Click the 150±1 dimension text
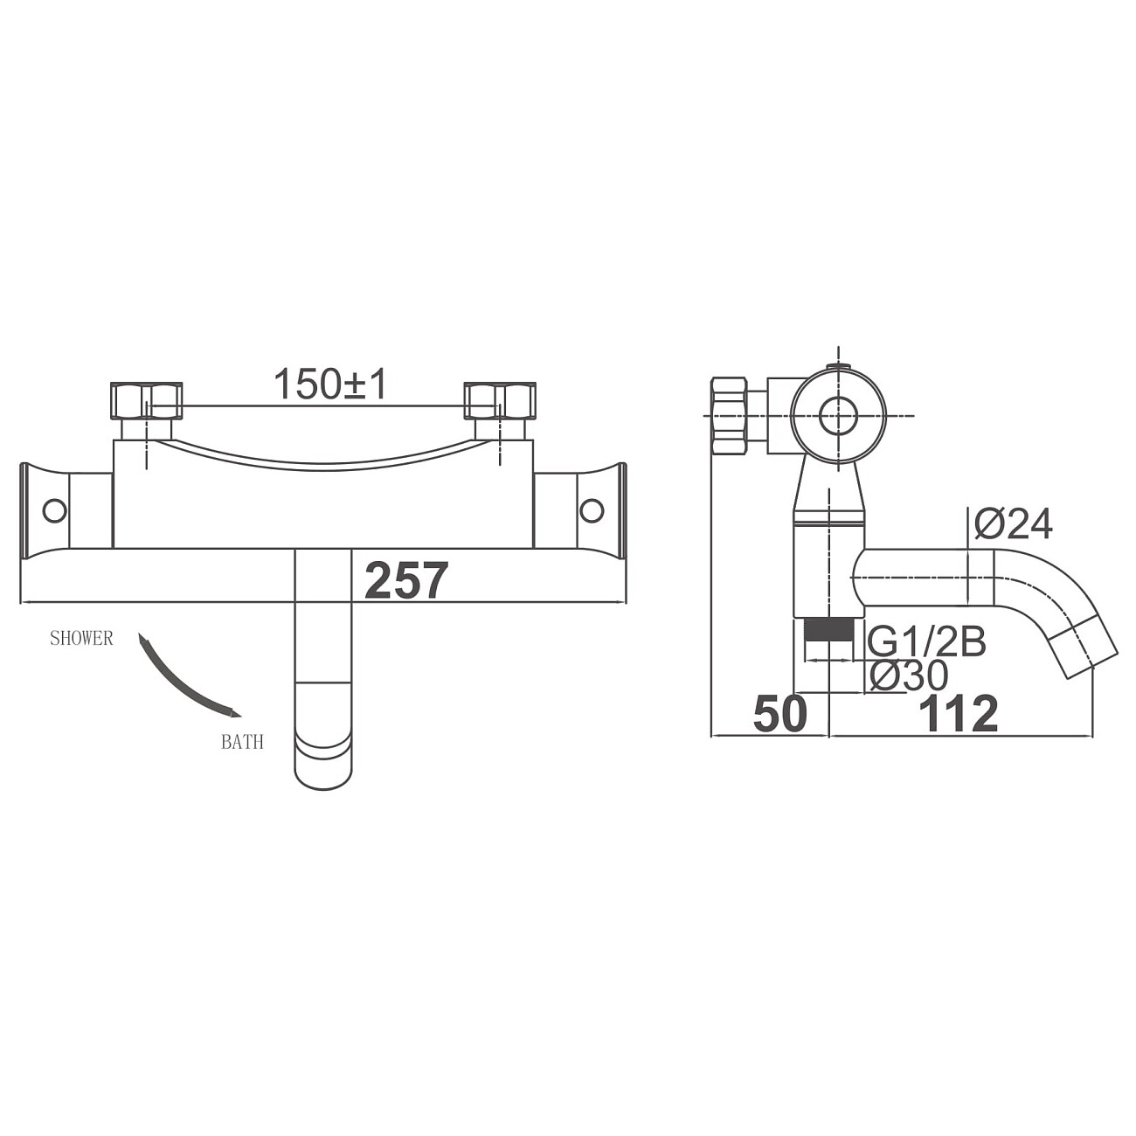(x=330, y=384)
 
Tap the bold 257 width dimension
(x=406, y=581)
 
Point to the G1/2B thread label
(x=927, y=642)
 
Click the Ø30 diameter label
(x=910, y=675)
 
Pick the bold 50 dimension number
(x=780, y=713)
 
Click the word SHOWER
(x=81, y=638)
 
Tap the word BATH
(x=242, y=742)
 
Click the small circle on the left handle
(x=55, y=510)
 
